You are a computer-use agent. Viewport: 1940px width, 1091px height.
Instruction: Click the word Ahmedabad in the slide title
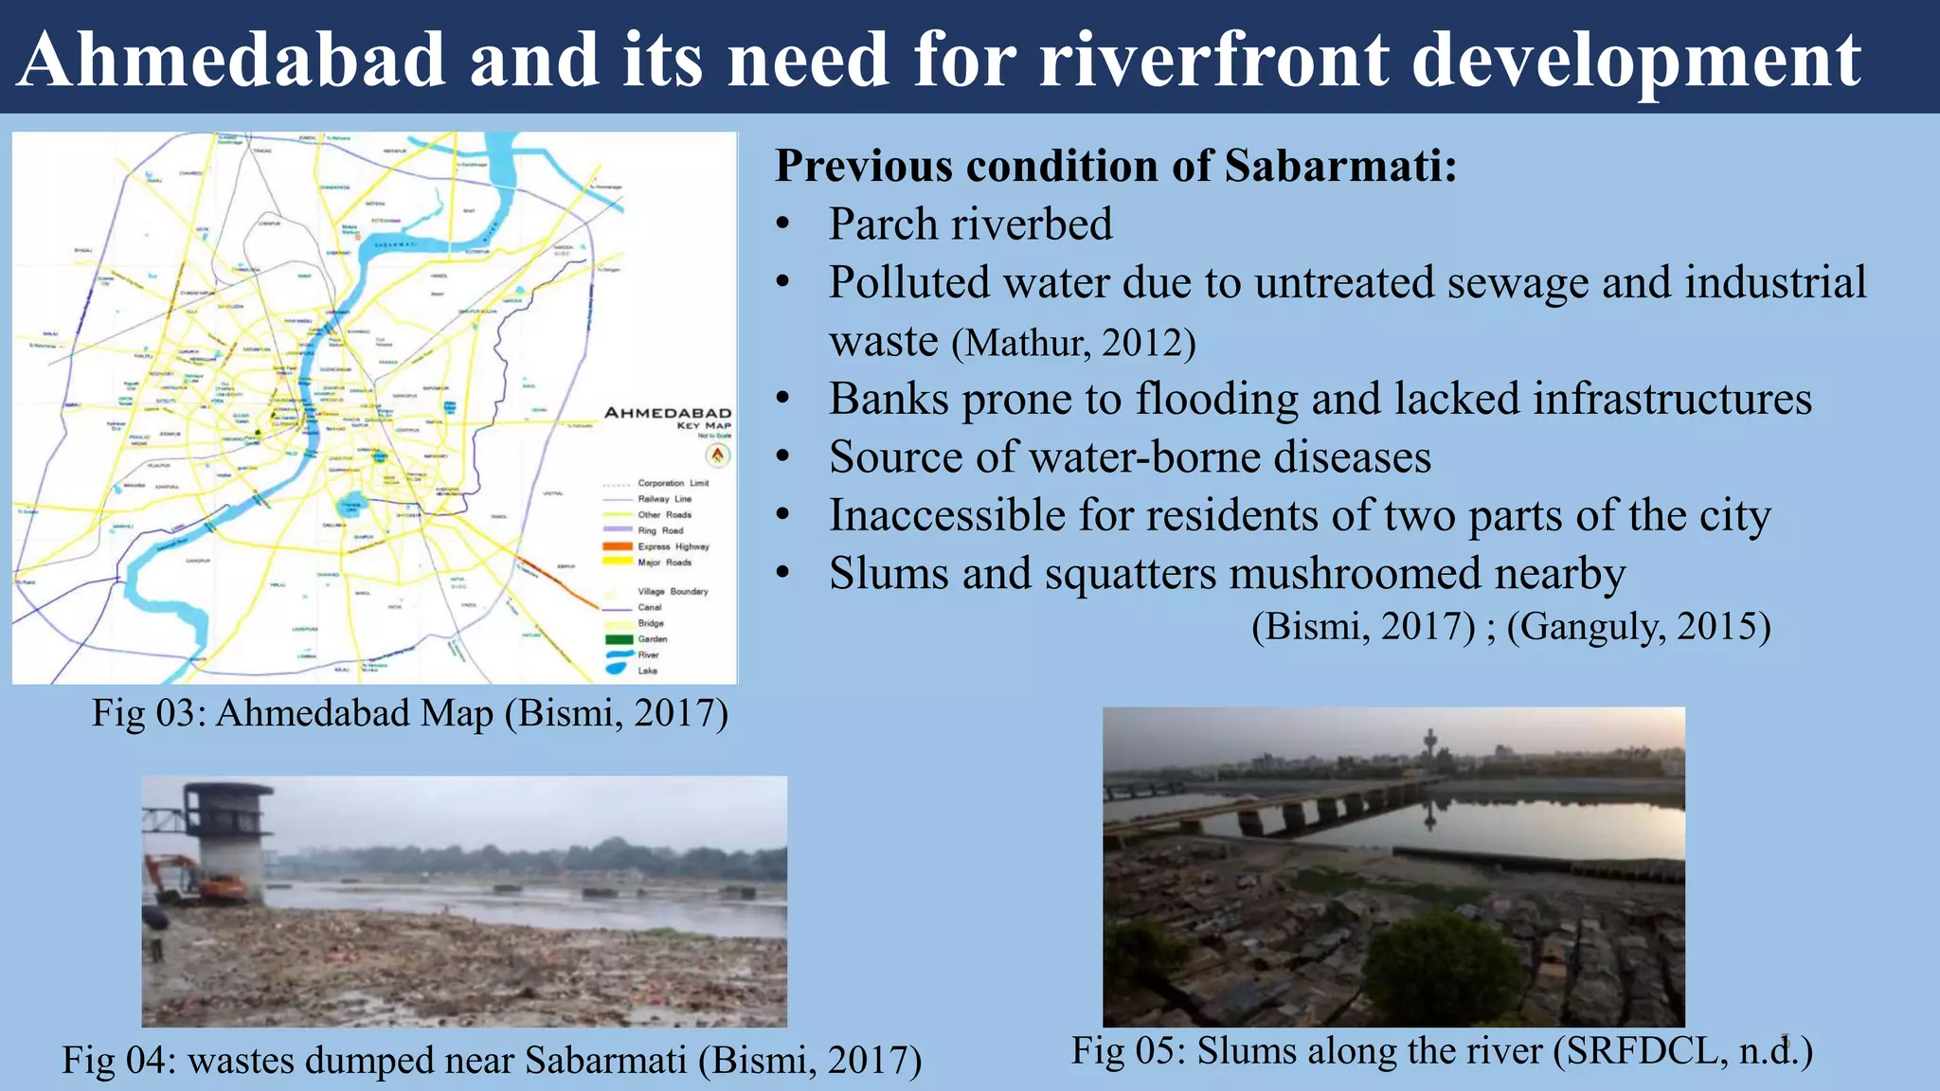[232, 59]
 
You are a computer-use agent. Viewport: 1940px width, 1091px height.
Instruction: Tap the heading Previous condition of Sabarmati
[1115, 166]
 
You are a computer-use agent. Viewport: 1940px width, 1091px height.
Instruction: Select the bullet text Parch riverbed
[970, 224]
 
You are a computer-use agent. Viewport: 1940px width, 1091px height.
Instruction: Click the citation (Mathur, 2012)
[1073, 343]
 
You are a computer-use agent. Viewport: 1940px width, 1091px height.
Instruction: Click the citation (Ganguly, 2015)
[1638, 626]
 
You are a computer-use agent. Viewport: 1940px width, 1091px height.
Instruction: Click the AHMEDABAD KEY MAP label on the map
[668, 417]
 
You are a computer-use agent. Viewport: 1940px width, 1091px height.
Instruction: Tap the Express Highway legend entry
[672, 546]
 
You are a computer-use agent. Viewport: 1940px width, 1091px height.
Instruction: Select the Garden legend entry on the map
[652, 639]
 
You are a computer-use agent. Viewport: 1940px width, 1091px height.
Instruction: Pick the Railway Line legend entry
[664, 499]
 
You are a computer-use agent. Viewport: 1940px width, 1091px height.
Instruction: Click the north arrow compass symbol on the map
[719, 456]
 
